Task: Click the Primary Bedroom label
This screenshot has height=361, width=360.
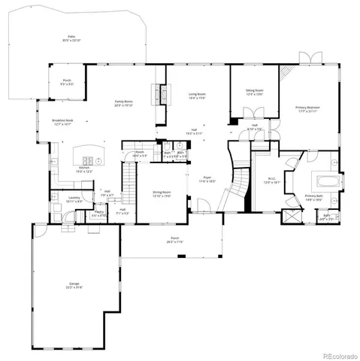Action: (x=308, y=108)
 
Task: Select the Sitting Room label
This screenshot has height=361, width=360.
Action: (x=254, y=93)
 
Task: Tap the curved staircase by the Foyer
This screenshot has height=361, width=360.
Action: (x=241, y=180)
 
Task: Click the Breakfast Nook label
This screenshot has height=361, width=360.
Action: (x=62, y=122)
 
